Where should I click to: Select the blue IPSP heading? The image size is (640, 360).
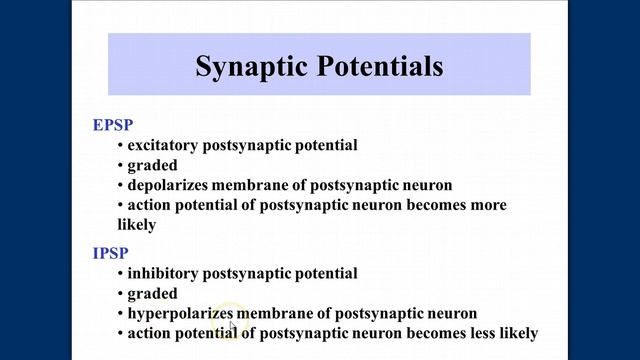(110, 253)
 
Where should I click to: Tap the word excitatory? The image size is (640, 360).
(164, 145)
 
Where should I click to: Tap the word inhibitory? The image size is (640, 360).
(163, 273)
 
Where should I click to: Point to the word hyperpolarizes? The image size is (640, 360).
(180, 313)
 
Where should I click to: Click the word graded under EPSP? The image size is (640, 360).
(152, 165)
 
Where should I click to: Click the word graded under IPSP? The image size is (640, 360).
(152, 293)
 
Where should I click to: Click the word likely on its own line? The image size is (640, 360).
(136, 225)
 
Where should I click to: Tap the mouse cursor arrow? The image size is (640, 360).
(232, 326)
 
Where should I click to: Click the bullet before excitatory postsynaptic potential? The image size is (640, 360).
(120, 145)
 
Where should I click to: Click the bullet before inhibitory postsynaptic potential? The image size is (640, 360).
(120, 273)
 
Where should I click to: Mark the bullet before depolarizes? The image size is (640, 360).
(120, 185)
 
